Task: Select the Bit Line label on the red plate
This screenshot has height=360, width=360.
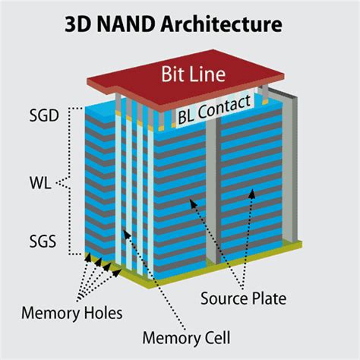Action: click(x=193, y=75)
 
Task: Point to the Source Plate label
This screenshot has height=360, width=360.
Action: click(x=244, y=298)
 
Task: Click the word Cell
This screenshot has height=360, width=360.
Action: click(x=216, y=336)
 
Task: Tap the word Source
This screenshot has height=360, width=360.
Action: click(x=226, y=298)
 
